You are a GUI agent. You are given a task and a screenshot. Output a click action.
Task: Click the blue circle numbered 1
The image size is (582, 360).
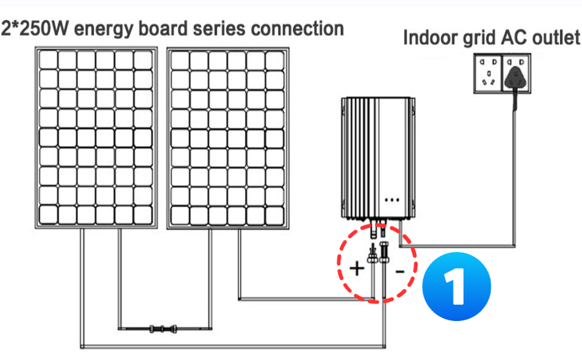tap(457, 286)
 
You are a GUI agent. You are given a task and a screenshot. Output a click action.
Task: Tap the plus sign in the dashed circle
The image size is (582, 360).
tap(356, 268)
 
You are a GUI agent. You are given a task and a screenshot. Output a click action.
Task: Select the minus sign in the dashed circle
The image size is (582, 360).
tap(400, 272)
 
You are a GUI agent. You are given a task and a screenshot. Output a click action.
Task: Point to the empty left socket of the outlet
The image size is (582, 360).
tap(488, 73)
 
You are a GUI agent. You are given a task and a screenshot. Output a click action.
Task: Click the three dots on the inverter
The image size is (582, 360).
tap(392, 200)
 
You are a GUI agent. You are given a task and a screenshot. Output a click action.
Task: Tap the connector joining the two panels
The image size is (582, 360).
tap(163, 329)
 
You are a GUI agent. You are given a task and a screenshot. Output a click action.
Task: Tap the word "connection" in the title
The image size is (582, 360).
tap(298, 29)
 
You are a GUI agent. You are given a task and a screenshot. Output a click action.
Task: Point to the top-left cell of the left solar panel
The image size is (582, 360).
tap(48, 60)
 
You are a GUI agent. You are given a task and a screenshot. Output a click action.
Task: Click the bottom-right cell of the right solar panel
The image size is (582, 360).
tap(275, 215)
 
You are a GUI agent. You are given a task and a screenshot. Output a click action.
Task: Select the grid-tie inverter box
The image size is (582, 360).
tap(378, 158)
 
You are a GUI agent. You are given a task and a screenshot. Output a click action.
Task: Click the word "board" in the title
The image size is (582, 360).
tap(163, 29)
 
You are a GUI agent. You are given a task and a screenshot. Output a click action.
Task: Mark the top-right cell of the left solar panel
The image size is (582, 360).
tap(143, 60)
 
